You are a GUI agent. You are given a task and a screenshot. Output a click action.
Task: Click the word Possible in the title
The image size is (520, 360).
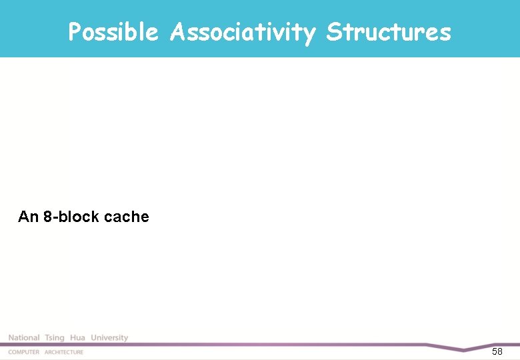click(x=113, y=31)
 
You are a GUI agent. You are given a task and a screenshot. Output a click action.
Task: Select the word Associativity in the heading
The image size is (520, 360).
click(x=243, y=31)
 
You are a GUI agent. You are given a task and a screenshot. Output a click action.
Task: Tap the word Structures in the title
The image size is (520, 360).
click(x=389, y=31)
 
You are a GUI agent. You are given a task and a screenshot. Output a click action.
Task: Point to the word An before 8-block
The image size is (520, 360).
click(x=29, y=217)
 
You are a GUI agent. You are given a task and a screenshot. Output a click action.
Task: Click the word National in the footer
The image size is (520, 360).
click(x=24, y=338)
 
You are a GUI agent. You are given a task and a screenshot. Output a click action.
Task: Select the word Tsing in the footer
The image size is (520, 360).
click(x=55, y=338)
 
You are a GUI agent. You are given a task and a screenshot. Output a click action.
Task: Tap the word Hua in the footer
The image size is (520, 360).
click(x=78, y=338)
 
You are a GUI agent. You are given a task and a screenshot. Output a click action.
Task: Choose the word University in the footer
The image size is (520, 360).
click(x=109, y=338)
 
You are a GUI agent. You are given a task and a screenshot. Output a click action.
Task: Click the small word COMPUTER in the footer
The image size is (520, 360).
click(x=23, y=352)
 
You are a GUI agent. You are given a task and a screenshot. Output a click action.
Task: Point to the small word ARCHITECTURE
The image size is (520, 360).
click(x=64, y=352)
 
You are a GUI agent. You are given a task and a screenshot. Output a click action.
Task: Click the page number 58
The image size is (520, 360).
click(x=497, y=351)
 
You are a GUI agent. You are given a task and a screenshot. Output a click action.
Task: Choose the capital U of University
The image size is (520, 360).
click(x=94, y=338)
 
